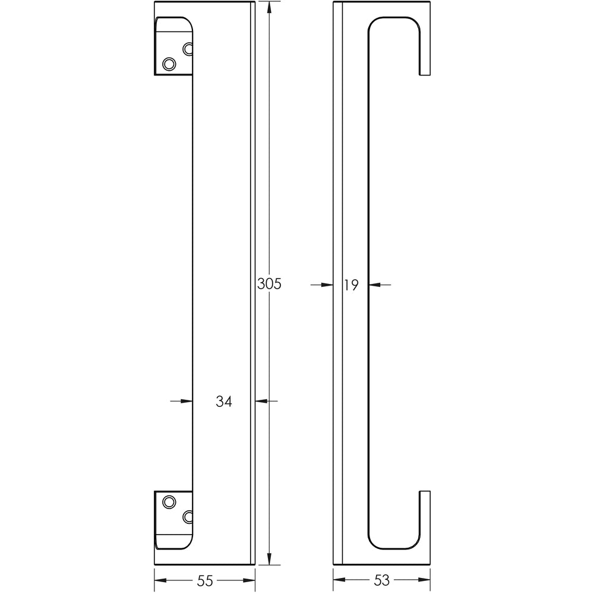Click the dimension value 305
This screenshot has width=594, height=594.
click(269, 284)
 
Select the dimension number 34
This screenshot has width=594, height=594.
click(223, 401)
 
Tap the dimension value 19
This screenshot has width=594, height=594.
click(351, 285)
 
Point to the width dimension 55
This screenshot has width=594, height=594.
click(205, 580)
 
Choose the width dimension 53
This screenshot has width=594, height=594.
click(381, 580)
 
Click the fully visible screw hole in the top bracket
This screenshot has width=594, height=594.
click(169, 64)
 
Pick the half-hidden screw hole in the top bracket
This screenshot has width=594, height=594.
click(188, 49)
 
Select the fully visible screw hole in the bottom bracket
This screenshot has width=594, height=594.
click(169, 502)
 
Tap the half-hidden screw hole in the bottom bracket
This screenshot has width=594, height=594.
click(188, 517)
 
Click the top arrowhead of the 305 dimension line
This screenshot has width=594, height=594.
click(269, 8)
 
